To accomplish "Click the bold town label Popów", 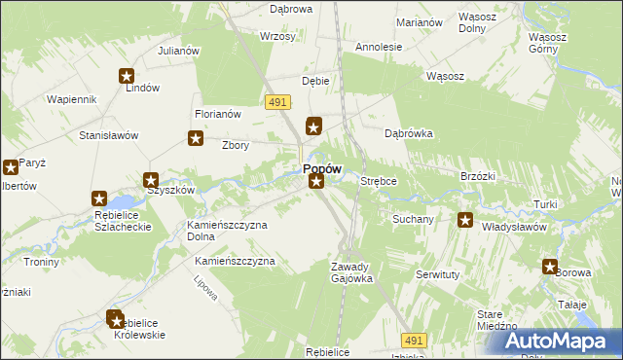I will point(321,168).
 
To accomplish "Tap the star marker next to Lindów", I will point(127,75).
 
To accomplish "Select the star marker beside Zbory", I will point(196,139).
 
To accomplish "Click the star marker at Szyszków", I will point(152,180).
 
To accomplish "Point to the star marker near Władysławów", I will point(465,220).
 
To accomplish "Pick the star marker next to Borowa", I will point(550,267).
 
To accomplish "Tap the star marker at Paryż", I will point(11,166).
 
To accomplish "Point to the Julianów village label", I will point(178,51).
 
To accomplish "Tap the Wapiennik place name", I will point(71,99).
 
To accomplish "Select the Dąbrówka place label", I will point(409,133).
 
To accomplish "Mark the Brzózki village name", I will point(478,176).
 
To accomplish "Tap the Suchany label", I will point(413,219).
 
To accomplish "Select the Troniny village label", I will point(42,262).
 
